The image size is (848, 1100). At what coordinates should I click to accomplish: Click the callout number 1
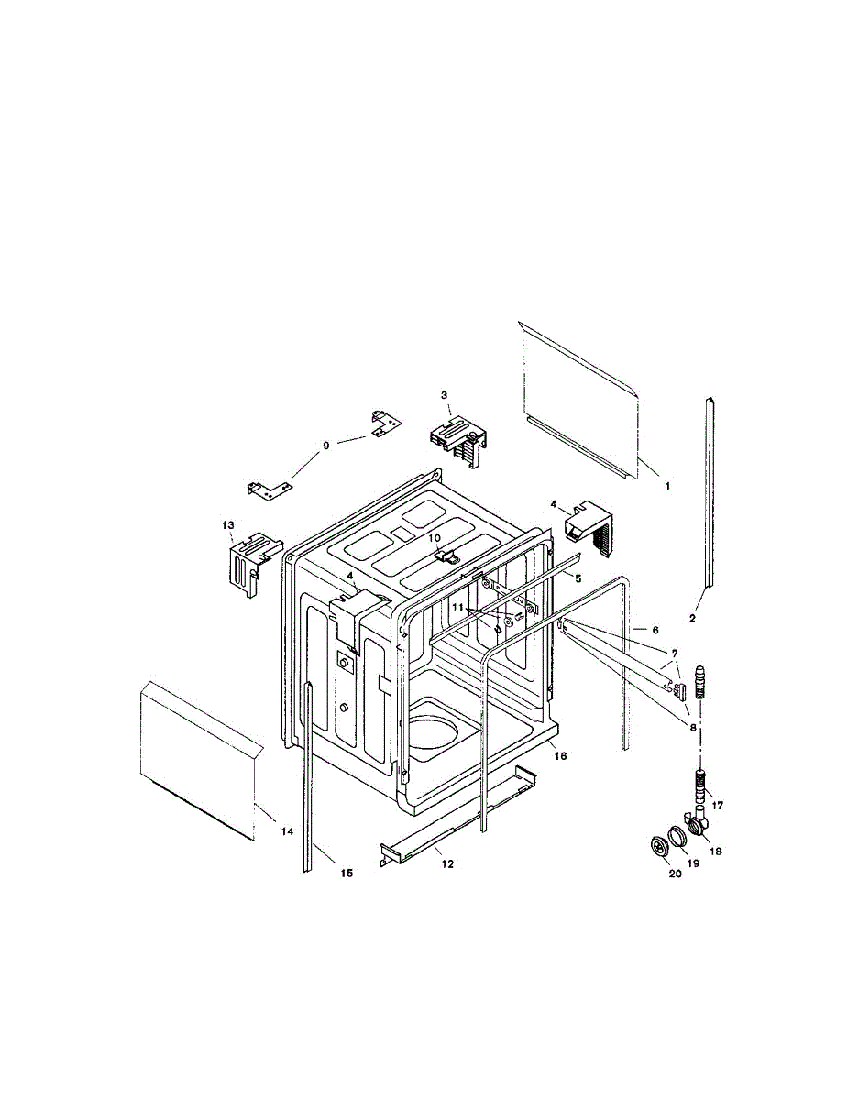point(667,486)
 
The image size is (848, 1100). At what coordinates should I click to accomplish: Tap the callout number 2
point(692,619)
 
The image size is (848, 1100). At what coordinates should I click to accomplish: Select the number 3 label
point(444,395)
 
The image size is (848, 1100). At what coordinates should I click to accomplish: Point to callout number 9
point(325,445)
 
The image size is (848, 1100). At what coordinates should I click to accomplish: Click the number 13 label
point(228,524)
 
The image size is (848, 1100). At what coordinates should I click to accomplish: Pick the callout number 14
point(287,831)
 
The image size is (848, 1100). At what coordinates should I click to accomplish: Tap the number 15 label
point(347,874)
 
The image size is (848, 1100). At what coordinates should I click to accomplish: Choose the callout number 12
point(446,863)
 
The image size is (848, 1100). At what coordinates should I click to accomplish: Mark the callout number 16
point(561,756)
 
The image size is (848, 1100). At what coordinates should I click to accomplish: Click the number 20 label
point(675,874)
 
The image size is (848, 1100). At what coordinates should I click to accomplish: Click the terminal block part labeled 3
point(456,440)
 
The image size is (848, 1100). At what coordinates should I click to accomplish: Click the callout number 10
point(435,538)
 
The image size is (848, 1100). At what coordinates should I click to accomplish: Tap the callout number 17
point(717,806)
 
